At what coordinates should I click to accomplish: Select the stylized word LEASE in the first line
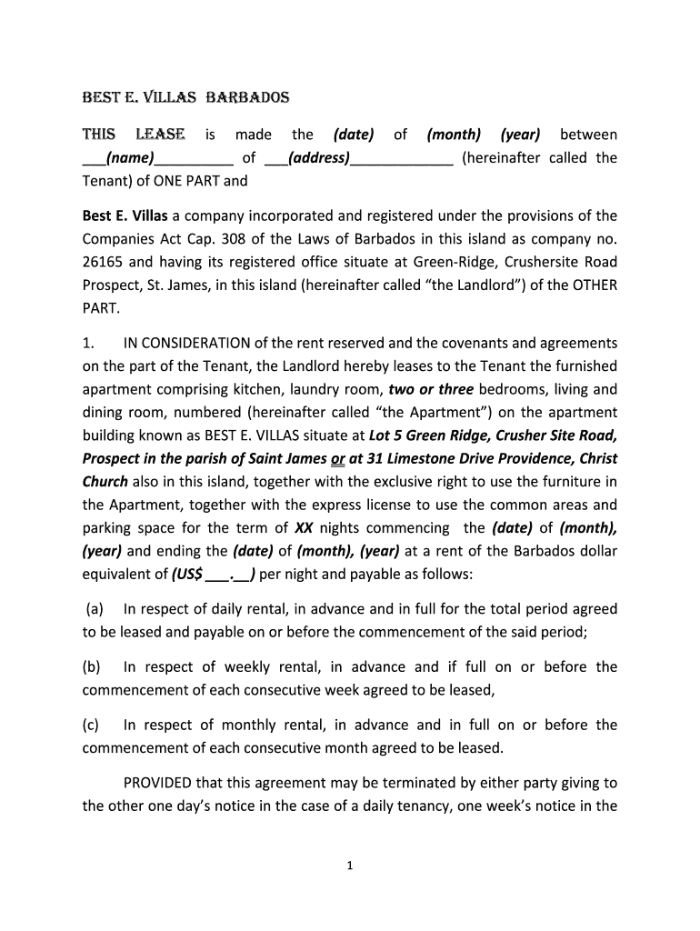coord(160,135)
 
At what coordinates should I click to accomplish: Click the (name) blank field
coord(132,158)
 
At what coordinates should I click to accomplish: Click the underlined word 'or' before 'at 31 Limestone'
coord(338,459)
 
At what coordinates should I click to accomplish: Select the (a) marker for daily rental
coord(95,609)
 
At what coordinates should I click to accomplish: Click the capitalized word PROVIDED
coord(164,783)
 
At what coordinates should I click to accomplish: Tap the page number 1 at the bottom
coord(350,866)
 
